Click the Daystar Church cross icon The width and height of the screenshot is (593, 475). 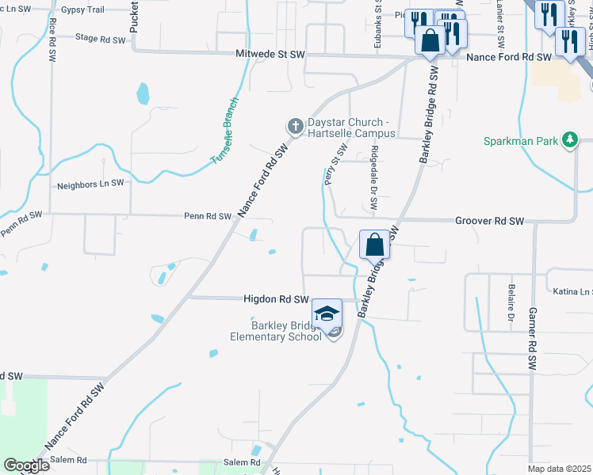tap(295, 126)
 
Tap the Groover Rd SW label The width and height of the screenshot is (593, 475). tap(490, 221)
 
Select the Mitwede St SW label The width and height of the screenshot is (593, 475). tap(270, 55)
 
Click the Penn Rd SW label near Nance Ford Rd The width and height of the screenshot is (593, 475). tap(208, 216)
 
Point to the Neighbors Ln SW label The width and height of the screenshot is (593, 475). tap(91, 184)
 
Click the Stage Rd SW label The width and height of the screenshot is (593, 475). tap(100, 38)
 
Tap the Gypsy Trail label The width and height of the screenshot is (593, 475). tap(82, 9)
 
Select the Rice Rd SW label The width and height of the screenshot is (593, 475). tap(52, 40)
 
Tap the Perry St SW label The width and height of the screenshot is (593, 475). tap(337, 165)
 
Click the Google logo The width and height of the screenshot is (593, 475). tap(26, 465)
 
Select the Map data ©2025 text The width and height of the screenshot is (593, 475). tap(559, 469)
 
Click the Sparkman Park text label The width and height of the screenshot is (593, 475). tap(521, 141)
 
